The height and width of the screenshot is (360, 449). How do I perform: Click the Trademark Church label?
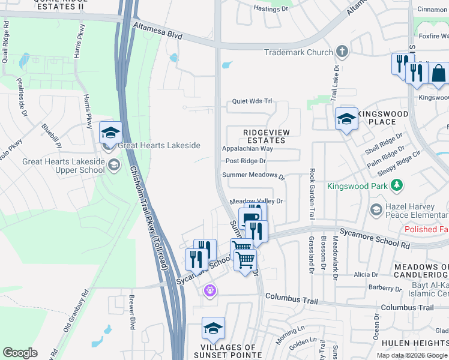[298, 52]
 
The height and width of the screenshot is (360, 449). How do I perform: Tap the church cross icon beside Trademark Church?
[342, 52]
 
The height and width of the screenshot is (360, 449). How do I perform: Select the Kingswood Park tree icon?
[396, 186]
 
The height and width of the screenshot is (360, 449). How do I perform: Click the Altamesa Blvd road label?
[158, 31]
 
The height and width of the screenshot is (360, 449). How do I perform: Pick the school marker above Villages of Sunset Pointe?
[213, 328]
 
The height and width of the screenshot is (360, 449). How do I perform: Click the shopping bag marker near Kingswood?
[438, 74]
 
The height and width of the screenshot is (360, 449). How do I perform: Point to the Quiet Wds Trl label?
[252, 101]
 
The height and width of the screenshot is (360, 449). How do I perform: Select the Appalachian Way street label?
[247, 148]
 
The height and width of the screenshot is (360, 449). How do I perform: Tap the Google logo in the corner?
[20, 353]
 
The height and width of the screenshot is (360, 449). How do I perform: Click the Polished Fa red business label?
[426, 230]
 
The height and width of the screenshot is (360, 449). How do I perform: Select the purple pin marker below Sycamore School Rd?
[209, 292]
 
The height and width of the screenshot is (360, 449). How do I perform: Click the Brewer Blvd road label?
[132, 312]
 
